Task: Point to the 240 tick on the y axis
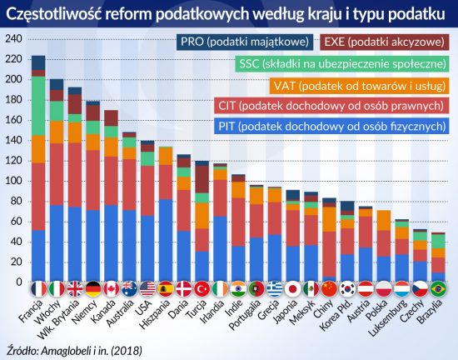click(x=14, y=40)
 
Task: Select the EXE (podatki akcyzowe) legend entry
click(x=383, y=40)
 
